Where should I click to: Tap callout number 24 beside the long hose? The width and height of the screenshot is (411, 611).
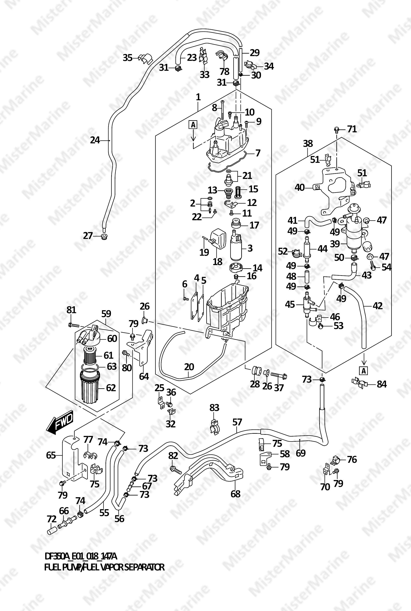95,140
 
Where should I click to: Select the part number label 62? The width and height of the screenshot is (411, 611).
111,388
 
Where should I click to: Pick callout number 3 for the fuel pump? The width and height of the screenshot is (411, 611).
250,248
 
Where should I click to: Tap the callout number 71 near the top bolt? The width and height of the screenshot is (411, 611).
352,129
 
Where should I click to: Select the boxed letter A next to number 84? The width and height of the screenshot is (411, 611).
364,371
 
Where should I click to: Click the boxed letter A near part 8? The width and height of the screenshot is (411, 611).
193,125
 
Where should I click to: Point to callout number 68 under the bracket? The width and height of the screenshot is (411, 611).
235,494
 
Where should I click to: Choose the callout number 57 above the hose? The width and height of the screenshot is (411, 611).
237,422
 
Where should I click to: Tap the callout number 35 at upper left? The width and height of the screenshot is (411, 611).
128,58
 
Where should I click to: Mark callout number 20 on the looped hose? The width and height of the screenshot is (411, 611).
189,367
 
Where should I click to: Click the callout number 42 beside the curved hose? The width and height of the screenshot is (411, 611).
377,306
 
